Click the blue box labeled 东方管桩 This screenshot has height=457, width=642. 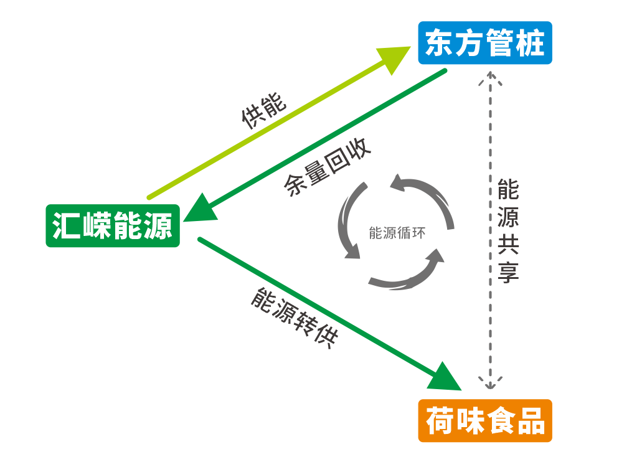pyautogui.click(x=484, y=43)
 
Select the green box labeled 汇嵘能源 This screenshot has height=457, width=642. pyautogui.click(x=113, y=225)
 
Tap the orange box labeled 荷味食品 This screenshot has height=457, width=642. pyautogui.click(x=485, y=421)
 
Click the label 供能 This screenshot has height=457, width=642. pyautogui.click(x=263, y=111)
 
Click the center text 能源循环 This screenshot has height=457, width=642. pyautogui.click(x=397, y=233)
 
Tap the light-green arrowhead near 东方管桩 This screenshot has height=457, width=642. pyautogui.click(x=396, y=57)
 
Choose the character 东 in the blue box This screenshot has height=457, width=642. pyautogui.click(x=440, y=43)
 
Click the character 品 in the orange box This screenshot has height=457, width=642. pyautogui.click(x=530, y=421)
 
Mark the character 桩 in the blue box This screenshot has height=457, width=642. pyautogui.click(x=530, y=43)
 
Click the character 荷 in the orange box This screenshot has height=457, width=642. pyautogui.click(x=440, y=421)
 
